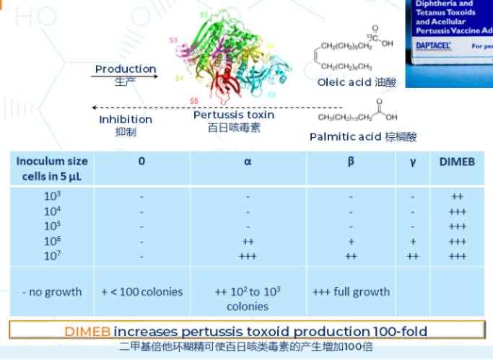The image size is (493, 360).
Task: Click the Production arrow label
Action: [126, 69]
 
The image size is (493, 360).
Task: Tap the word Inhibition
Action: [126, 120]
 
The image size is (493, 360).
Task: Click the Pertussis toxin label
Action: [234, 115]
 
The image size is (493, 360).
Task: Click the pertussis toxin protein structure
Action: [231, 58]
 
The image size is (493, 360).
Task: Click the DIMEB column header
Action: [457, 162]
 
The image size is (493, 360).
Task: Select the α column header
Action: [248, 162]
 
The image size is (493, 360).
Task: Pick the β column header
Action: [351, 162]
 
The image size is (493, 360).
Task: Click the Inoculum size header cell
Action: [52, 167]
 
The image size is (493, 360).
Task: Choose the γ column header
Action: [413, 162]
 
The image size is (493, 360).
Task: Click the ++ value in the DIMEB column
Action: [457, 196]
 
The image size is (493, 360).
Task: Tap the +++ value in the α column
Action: [248, 255]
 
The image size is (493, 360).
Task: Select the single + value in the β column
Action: [351, 241]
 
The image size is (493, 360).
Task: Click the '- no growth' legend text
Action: [52, 292]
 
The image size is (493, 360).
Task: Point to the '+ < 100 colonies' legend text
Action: [141, 292]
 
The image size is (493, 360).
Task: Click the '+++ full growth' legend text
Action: [351, 292]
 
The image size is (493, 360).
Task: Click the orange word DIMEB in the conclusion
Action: [87, 331]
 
